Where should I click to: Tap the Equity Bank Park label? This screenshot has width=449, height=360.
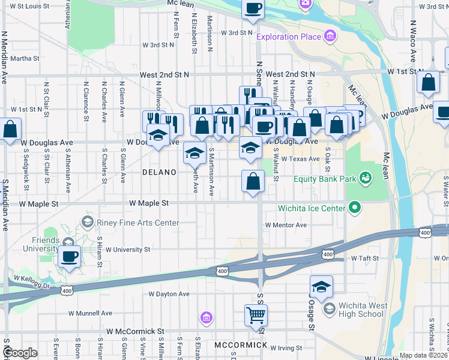click(x=325, y=178)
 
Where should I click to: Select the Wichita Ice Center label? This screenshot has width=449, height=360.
click(x=311, y=208)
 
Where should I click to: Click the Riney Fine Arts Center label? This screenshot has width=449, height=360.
click(x=137, y=223)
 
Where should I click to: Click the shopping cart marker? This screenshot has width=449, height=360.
click(x=256, y=314)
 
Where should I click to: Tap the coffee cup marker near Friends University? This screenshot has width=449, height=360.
click(x=69, y=257)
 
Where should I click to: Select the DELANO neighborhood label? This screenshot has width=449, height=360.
click(x=159, y=172)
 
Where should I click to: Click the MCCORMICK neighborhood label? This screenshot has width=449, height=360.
click(x=240, y=345)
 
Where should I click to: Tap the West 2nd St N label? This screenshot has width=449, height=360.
click(x=164, y=74)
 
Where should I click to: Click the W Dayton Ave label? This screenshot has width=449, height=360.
click(x=169, y=294)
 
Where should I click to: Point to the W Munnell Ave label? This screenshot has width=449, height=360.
click(x=90, y=313)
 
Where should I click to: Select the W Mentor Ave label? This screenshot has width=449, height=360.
click(x=286, y=225)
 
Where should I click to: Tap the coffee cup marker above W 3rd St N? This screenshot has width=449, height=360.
click(x=253, y=9)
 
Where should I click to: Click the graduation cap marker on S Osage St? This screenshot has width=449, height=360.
click(x=321, y=286)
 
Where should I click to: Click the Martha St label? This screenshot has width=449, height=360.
click(x=25, y=59)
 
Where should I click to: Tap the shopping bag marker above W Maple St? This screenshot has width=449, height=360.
click(x=253, y=181)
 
